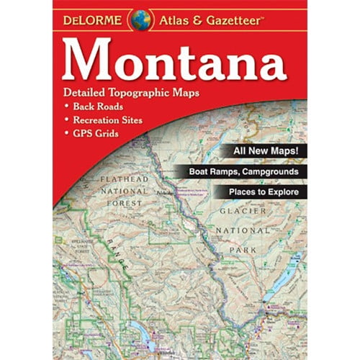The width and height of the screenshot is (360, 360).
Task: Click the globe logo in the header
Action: (x=140, y=20)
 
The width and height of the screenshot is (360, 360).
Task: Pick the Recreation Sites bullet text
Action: (x=107, y=120)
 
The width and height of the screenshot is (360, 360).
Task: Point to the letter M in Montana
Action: (x=91, y=58)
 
